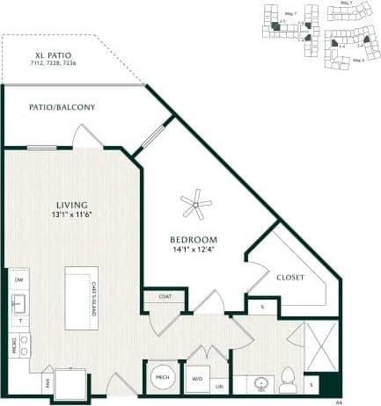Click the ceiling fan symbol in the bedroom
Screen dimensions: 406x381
pyautogui.click(x=196, y=207)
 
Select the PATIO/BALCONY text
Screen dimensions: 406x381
pyautogui.click(x=62, y=107)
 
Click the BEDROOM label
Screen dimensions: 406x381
pyautogui.click(x=194, y=240)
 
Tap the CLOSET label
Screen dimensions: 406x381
pyautogui.click(x=289, y=277)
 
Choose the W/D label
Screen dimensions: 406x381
pyautogui.click(x=197, y=380)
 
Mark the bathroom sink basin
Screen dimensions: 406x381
pyautogui.click(x=260, y=385)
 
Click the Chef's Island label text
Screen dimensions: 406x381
pyautogui.click(x=94, y=298)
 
